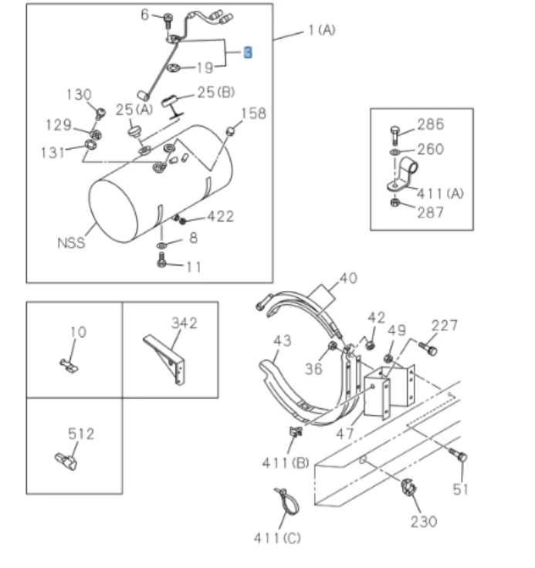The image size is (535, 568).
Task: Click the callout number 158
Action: click(252, 114)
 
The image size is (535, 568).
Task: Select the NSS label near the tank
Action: click(70, 243)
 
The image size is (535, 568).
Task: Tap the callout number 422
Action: click(218, 218)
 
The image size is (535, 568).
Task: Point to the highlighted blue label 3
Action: click(247, 52)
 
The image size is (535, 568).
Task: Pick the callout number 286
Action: click(430, 124)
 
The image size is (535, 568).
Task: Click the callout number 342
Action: click(183, 323)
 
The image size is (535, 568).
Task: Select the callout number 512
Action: click(80, 434)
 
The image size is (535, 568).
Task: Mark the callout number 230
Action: click(423, 522)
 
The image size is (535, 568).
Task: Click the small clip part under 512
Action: click(64, 461)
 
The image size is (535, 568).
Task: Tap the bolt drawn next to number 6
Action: click(168, 19)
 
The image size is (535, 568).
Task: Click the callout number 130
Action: click(79, 95)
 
